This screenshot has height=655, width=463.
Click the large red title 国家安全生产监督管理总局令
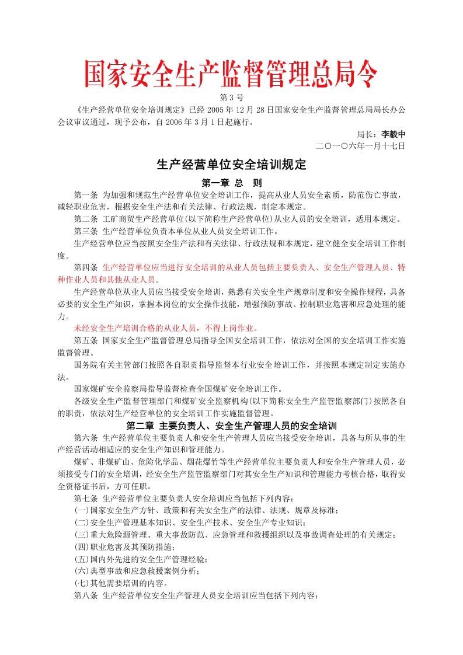[x=231, y=74]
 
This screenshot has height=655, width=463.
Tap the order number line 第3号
[x=231, y=97]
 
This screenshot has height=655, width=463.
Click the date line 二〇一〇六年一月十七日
[x=360, y=145]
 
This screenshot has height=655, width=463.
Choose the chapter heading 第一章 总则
[x=231, y=182]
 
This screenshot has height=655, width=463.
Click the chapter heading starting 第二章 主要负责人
[x=231, y=426]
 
